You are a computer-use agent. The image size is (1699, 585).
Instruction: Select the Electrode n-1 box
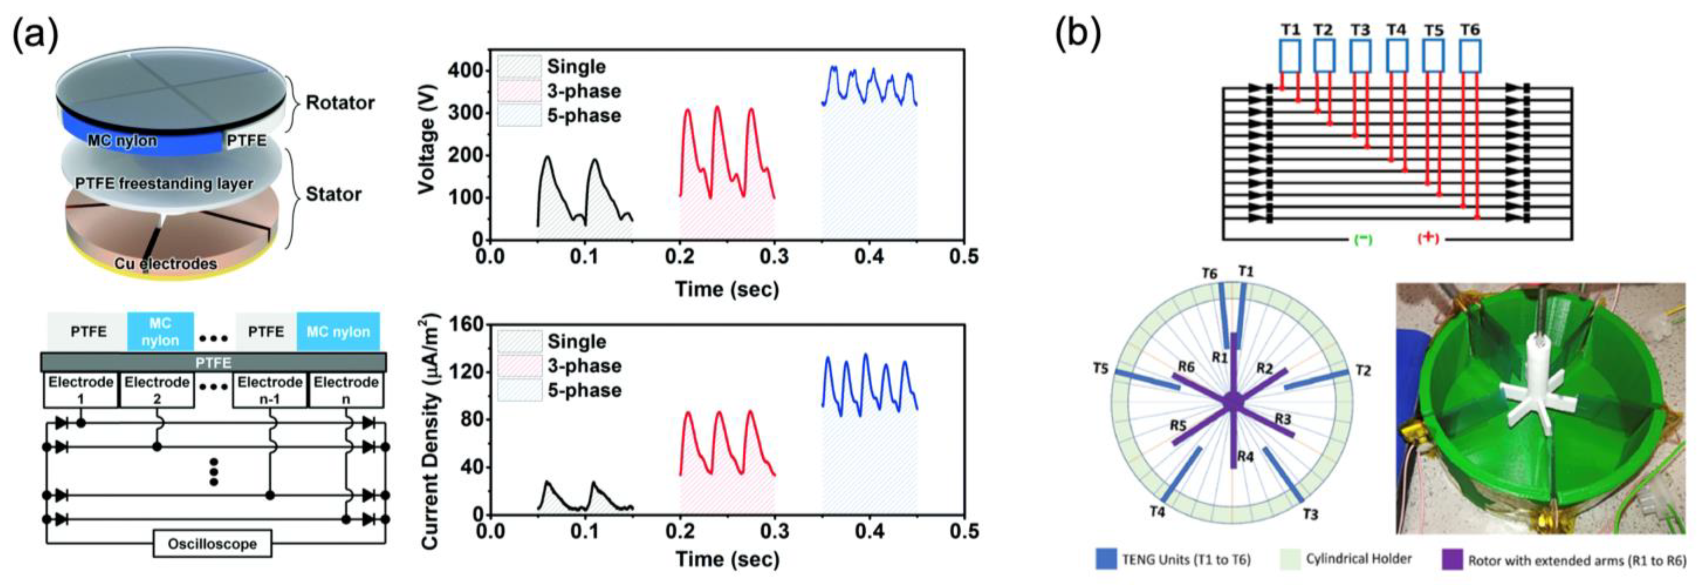click(270, 390)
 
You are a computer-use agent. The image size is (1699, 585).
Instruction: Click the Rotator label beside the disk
click(340, 103)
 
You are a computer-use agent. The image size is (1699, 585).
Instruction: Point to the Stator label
click(333, 194)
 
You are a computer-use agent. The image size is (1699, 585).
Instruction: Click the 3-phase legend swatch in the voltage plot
click(519, 91)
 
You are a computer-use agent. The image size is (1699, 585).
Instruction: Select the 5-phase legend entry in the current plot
click(584, 390)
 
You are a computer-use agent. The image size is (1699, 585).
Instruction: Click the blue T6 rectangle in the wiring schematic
click(1470, 56)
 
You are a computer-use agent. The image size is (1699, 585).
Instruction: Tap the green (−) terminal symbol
click(1363, 239)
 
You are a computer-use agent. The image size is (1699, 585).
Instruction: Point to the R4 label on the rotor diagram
click(1245, 456)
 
